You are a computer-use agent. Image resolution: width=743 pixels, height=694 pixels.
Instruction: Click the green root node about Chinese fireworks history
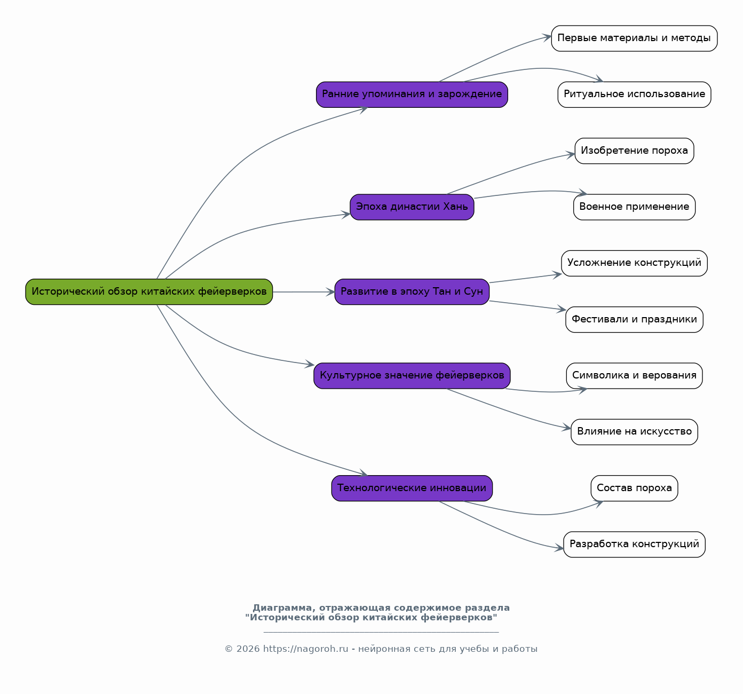tap(149, 291)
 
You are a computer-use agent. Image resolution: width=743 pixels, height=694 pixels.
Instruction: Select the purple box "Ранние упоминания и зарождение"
tap(412, 94)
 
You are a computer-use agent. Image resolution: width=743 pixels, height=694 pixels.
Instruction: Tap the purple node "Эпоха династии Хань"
tap(412, 207)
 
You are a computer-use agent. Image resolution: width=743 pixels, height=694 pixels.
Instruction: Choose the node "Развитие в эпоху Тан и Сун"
tap(412, 291)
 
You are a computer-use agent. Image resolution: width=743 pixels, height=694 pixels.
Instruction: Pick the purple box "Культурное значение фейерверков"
tap(412, 376)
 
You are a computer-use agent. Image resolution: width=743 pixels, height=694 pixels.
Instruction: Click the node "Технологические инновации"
tap(412, 488)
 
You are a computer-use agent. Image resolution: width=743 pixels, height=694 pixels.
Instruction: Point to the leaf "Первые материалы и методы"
tap(634, 38)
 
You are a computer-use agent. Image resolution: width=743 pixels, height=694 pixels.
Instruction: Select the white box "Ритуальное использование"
tap(634, 94)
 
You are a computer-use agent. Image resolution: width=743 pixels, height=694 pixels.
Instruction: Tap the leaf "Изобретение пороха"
tap(634, 151)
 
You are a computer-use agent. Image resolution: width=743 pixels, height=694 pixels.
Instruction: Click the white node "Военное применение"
tap(634, 207)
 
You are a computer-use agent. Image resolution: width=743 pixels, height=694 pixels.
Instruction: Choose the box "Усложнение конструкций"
tap(634, 264)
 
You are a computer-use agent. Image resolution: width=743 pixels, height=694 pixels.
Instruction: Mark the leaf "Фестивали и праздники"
tap(634, 320)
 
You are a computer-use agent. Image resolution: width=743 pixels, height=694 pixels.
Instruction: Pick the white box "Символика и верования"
tap(634, 376)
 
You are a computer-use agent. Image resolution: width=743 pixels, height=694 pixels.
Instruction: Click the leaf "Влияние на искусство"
tap(634, 432)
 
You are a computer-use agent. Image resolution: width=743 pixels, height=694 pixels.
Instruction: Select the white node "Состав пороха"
tap(634, 488)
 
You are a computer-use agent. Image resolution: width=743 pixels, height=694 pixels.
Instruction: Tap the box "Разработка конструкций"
tap(634, 545)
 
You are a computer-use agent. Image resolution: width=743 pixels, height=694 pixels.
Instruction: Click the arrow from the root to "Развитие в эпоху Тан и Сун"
tap(304, 292)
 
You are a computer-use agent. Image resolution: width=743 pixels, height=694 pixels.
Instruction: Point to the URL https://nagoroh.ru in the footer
tap(306, 649)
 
